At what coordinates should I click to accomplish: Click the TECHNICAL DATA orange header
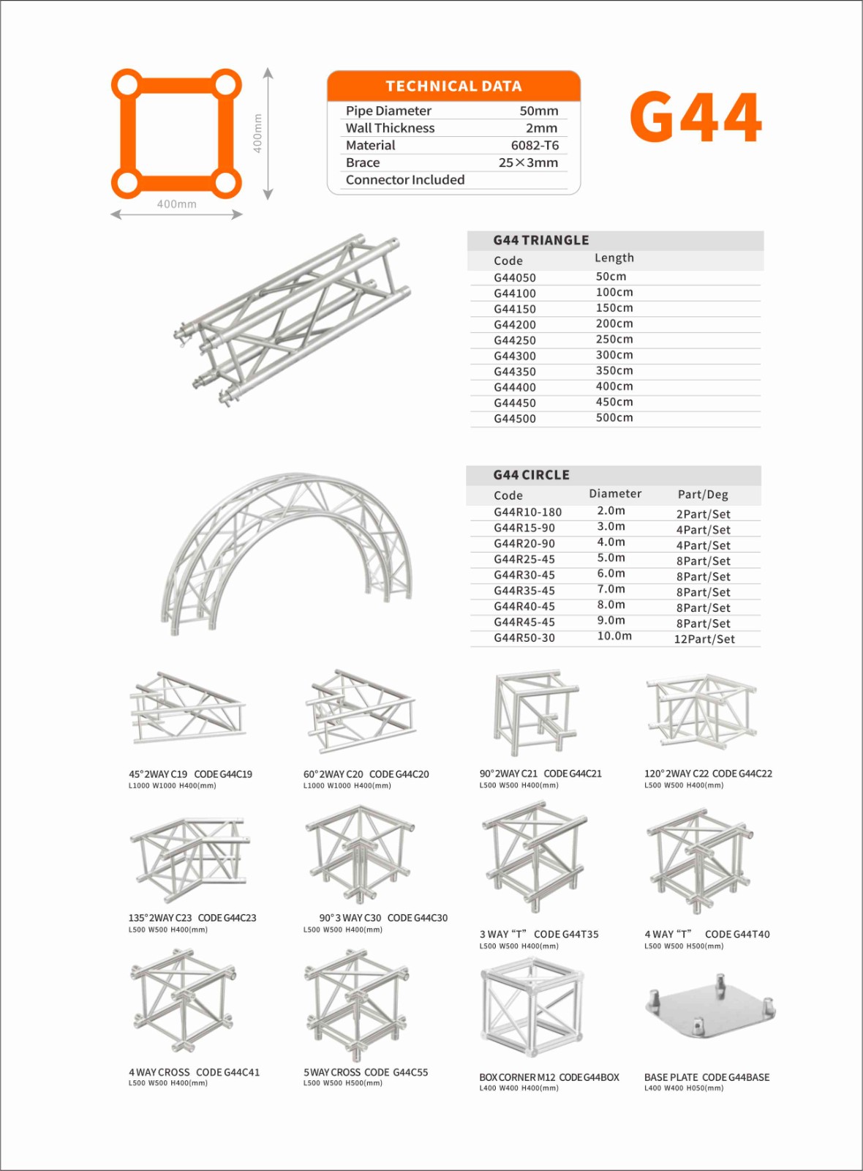coord(453,86)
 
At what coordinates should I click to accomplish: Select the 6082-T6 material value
coord(535,145)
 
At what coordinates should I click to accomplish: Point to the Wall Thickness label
coord(390,128)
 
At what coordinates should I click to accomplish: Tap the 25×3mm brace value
coord(528,162)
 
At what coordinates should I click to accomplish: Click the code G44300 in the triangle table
coord(515,356)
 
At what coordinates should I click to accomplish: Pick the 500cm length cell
coord(614,418)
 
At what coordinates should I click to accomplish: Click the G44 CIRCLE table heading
coord(531,475)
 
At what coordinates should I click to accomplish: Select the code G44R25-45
coord(524,560)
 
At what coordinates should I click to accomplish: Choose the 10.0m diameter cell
coord(614,636)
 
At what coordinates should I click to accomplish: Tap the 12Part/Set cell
coord(704,639)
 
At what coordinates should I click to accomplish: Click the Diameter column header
coord(615,494)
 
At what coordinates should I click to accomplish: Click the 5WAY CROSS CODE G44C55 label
coord(366,1072)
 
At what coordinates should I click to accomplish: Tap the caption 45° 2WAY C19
coord(158,774)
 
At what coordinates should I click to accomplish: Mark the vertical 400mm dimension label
coord(257,133)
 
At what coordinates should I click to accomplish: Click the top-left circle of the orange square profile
coord(128,85)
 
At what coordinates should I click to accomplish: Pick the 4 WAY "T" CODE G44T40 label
coord(706,935)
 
